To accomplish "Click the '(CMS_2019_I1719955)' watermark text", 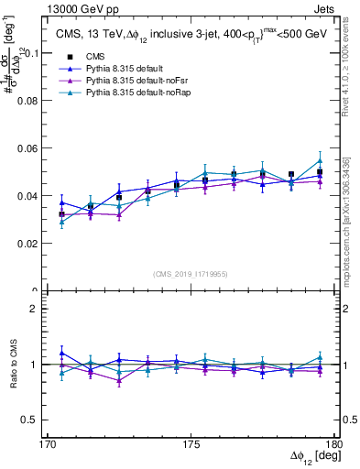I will (191, 273).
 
